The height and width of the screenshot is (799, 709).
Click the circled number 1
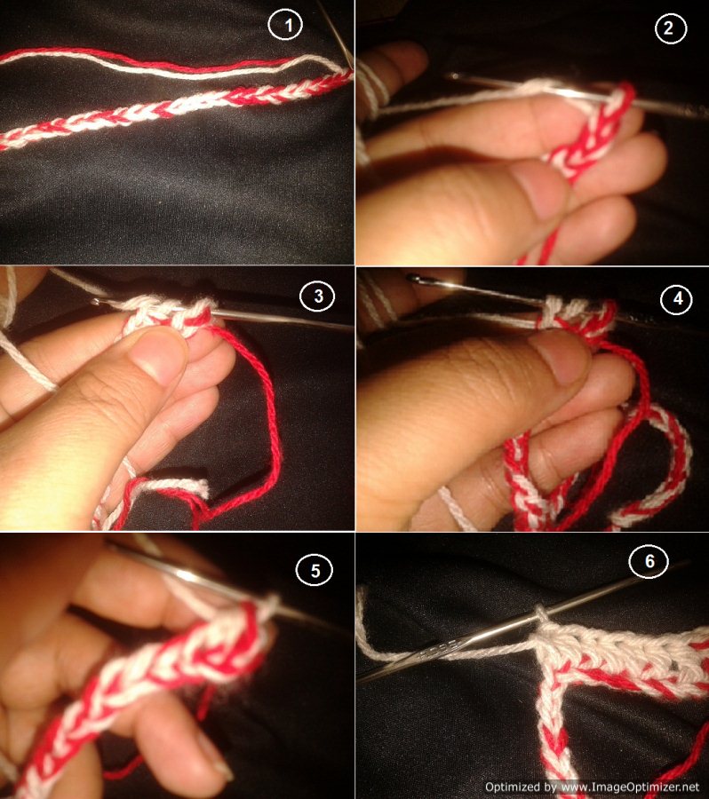point(285,25)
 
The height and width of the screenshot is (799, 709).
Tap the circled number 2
point(670,28)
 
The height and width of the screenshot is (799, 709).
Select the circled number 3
point(317,296)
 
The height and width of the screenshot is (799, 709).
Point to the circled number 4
point(677,298)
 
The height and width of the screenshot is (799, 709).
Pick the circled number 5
point(315,570)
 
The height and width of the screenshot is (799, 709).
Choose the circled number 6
point(649,561)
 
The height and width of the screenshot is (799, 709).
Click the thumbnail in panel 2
point(539,191)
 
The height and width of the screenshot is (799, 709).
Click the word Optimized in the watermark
point(514,787)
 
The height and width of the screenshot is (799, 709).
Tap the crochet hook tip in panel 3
point(96,302)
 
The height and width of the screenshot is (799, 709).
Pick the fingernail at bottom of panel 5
point(215,760)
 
